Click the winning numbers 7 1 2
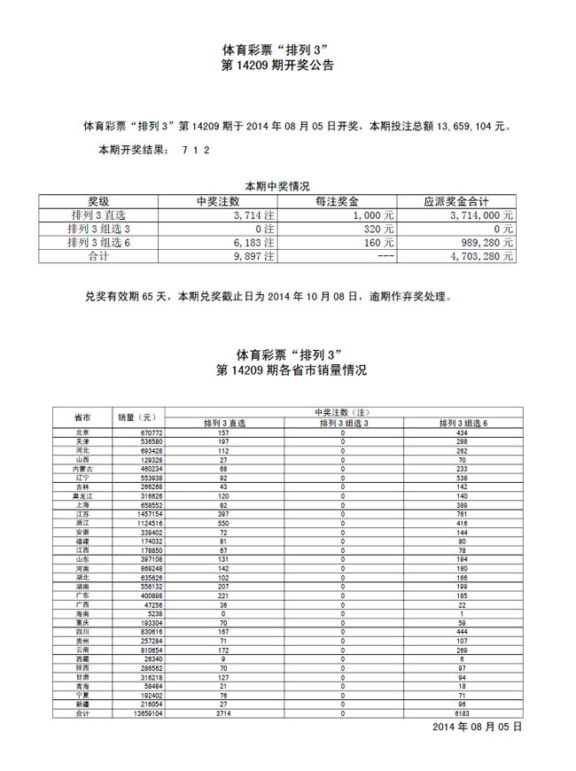point(195,151)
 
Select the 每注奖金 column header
point(337,202)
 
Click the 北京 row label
point(82,432)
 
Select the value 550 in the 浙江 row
point(223,523)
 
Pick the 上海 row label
point(82,504)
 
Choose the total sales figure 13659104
point(144,713)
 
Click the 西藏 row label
point(82,658)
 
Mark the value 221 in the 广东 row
point(223,596)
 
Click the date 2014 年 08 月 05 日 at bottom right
point(478,727)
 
